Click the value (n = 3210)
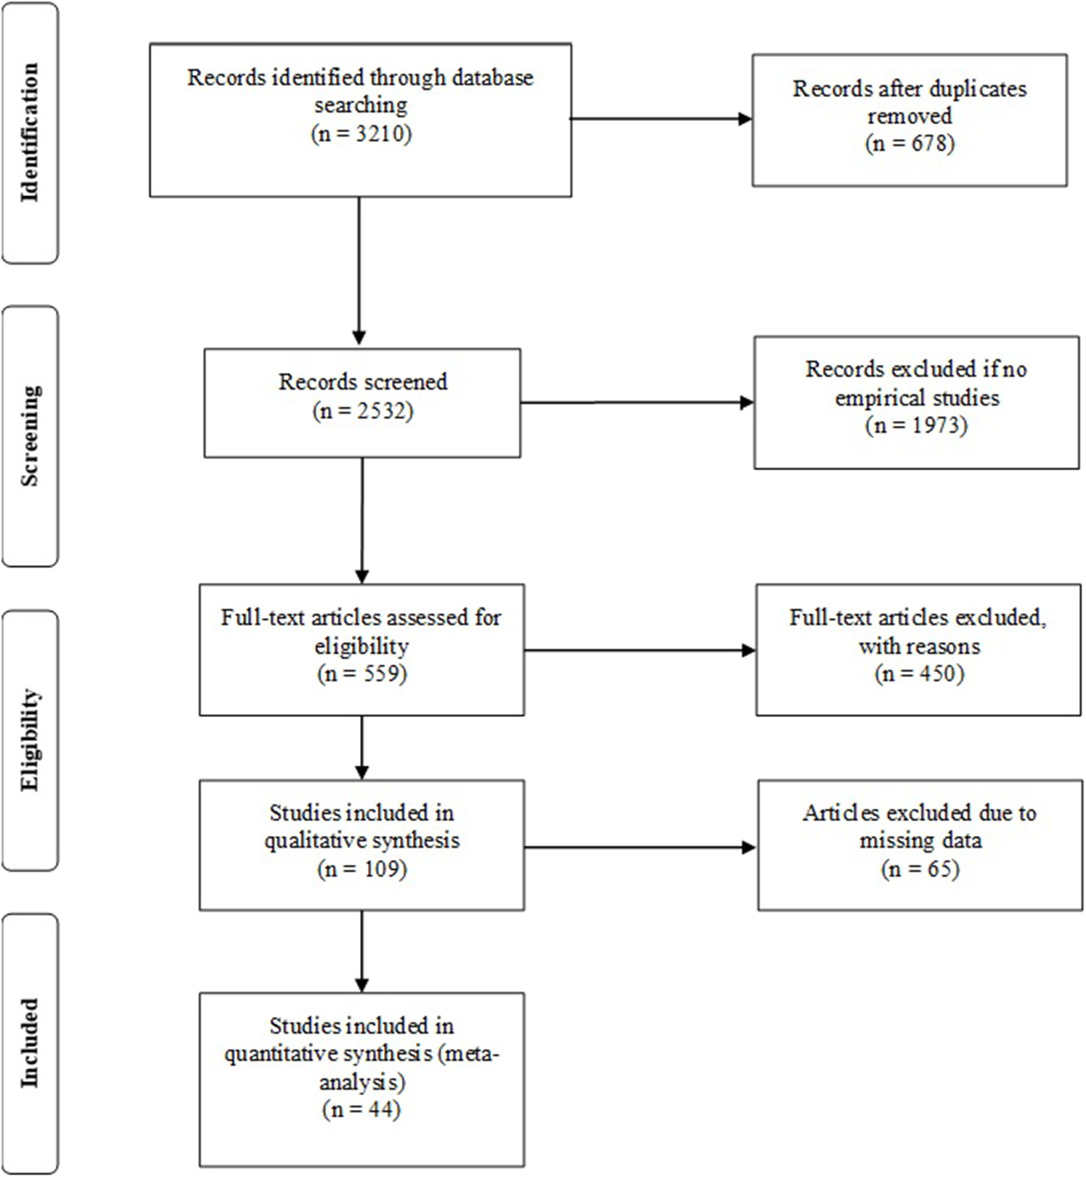pyautogui.click(x=361, y=134)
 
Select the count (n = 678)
pyautogui.click(x=909, y=143)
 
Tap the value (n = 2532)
pyautogui.click(x=363, y=410)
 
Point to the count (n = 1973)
pyautogui.click(x=916, y=425)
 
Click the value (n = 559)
pyautogui.click(x=362, y=673)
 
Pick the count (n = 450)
pyautogui.click(x=919, y=673)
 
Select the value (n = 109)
pyautogui.click(x=362, y=869)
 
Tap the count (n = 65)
pyautogui.click(x=920, y=869)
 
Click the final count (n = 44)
pyautogui.click(x=362, y=1109)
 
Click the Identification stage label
pyautogui.click(x=29, y=132)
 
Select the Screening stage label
pyautogui.click(x=29, y=436)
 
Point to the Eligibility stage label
pyautogui.click(x=29, y=740)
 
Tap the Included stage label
pyautogui.click(x=29, y=1043)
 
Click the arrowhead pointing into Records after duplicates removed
pyautogui.click(x=744, y=119)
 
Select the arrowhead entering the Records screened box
pyautogui.click(x=359, y=337)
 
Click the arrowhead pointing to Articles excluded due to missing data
pyautogui.click(x=749, y=847)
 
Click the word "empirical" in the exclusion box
pyautogui.click(x=870, y=398)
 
